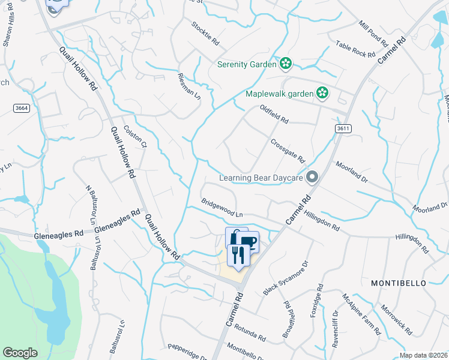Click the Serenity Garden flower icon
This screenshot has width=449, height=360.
286,63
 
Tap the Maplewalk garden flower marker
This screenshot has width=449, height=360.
322,93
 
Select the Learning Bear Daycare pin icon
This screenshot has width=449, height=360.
312,177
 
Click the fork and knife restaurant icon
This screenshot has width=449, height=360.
239,255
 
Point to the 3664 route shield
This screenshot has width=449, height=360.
20,107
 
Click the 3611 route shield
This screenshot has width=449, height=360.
343,128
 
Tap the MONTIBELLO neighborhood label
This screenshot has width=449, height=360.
398,283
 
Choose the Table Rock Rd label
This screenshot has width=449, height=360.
355,49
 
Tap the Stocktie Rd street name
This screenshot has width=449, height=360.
205,34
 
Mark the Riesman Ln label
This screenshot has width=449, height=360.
189,86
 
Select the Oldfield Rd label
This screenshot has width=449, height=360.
274,114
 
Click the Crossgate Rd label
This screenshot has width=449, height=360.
288,151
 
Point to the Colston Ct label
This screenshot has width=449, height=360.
135,136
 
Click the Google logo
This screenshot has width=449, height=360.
20,353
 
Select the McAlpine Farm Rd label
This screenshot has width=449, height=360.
361,314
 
